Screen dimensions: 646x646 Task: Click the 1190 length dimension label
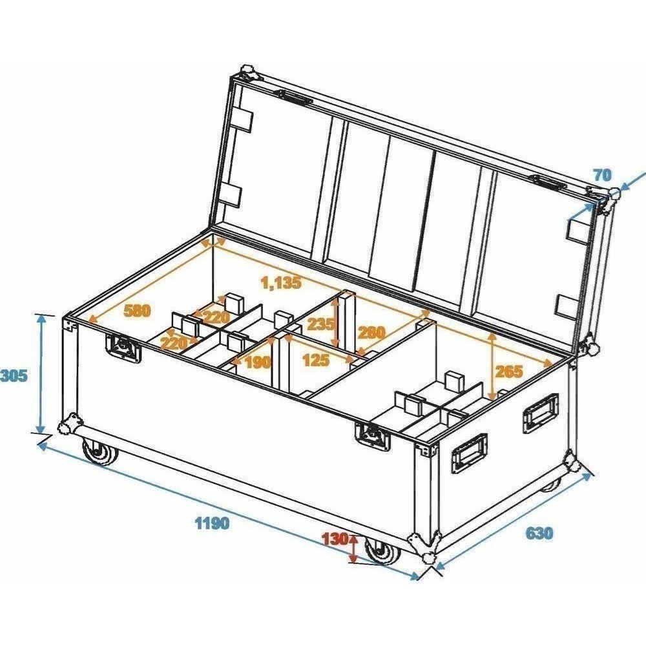point(212,523)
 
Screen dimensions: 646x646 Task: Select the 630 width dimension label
point(539,533)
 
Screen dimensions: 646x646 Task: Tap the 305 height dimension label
point(14,376)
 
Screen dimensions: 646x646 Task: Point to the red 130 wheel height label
point(335,539)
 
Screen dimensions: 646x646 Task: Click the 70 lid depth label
point(602,176)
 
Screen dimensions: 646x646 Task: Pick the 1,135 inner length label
point(282,283)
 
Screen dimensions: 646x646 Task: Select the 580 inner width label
point(138,310)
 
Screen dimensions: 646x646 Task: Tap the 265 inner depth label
point(508,371)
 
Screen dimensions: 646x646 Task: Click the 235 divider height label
point(321,325)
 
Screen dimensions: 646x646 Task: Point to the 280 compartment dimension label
point(371,332)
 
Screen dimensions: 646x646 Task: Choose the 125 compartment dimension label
point(316,360)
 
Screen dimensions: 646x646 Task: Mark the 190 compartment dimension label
point(258,362)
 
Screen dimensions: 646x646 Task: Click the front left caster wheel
point(100,451)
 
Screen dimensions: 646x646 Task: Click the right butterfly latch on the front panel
point(373,437)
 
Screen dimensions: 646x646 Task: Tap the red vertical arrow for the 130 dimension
point(353,548)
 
